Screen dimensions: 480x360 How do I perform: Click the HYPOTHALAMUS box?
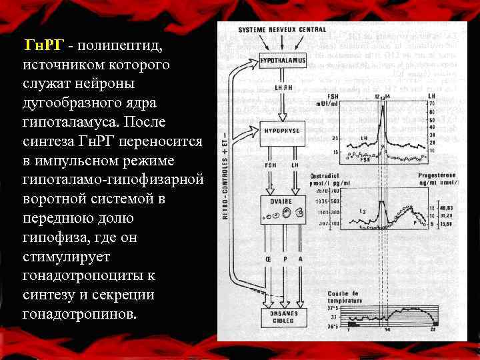(x=282, y=60)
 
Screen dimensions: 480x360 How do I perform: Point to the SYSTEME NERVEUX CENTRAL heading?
(x=282, y=29)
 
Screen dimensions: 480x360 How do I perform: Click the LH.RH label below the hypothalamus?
(x=283, y=87)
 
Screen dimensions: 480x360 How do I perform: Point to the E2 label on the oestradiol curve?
(x=365, y=211)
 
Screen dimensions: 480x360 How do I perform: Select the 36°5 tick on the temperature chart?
(x=332, y=325)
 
